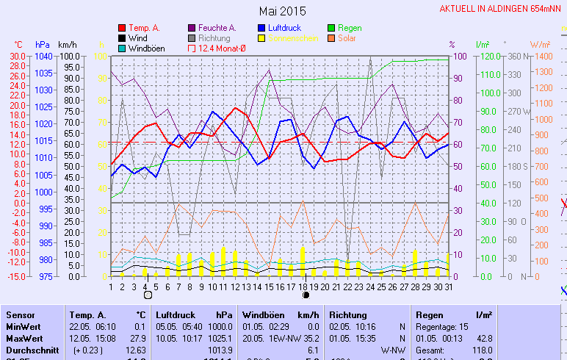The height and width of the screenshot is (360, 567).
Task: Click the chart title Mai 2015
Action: pos(283,11)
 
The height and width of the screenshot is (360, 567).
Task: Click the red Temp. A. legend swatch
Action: pos(122,28)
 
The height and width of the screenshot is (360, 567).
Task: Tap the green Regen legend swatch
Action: pos(332,28)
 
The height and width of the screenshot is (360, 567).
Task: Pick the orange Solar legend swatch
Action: pos(332,38)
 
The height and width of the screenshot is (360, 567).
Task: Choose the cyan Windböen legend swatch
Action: pos(122,48)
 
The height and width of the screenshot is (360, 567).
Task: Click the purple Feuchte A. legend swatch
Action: pos(192,28)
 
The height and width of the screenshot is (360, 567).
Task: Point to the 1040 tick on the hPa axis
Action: pos(43,56)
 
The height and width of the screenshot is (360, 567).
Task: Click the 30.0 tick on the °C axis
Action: pos(17,56)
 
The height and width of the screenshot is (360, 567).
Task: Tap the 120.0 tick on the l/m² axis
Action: pos(491,56)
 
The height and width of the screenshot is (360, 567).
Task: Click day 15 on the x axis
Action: pos(269,286)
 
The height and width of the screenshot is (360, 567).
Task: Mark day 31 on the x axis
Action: pos(449,286)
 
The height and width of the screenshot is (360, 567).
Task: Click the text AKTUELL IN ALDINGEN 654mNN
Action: pos(502,9)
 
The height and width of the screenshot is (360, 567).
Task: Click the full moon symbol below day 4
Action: pos(147,295)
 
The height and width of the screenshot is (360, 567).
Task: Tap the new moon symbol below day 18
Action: pos(304,295)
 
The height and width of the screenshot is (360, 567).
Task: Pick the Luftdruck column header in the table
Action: pos(176,314)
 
